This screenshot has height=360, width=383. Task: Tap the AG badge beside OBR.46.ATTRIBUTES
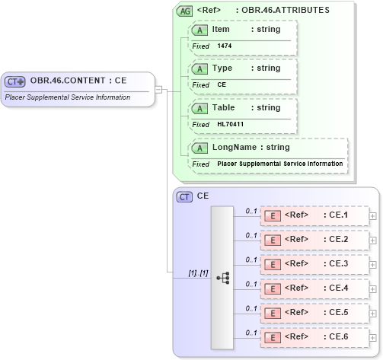click(x=184, y=11)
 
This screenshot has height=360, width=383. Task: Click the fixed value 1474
click(x=225, y=46)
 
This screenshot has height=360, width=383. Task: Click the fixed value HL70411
click(x=229, y=124)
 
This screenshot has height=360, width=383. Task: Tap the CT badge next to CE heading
click(x=184, y=196)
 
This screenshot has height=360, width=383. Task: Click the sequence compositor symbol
click(x=223, y=278)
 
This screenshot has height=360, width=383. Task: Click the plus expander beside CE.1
click(x=372, y=216)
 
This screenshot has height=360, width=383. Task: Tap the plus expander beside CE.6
click(x=372, y=336)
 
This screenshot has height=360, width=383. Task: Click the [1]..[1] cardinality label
click(x=198, y=272)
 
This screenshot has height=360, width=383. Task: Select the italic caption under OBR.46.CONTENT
click(x=68, y=97)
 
